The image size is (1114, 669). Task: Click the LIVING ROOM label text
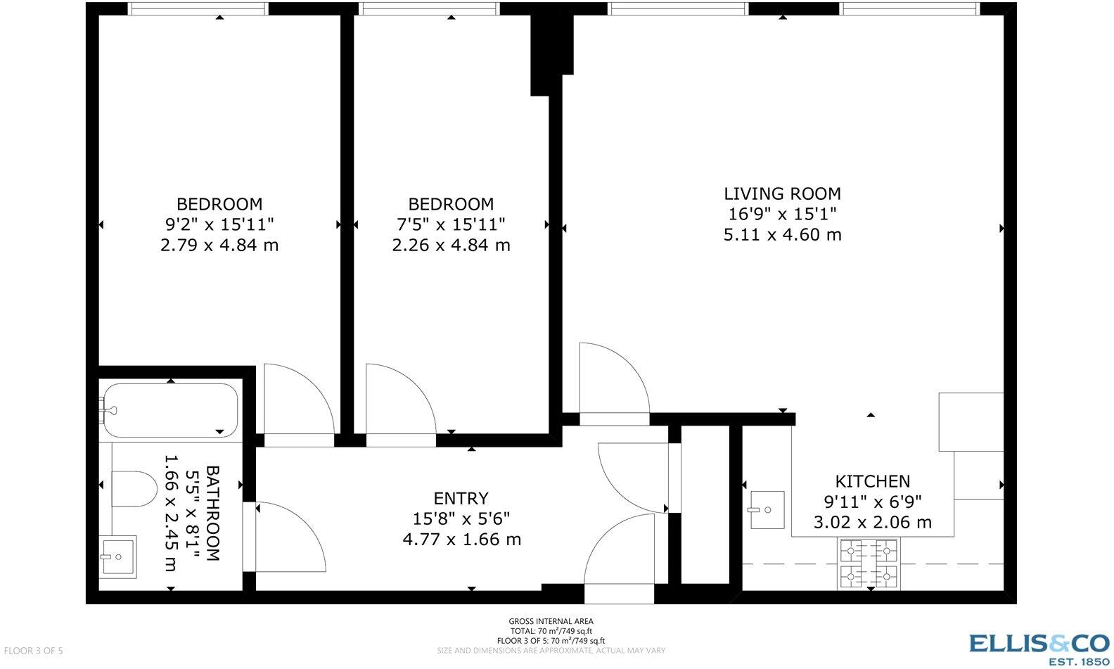782,193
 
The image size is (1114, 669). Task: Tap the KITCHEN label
872,481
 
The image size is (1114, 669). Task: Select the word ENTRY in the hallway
461,499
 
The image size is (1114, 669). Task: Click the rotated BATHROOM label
212,513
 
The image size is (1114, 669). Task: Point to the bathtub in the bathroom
169,410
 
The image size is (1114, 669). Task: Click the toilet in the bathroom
134,489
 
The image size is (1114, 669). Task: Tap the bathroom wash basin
117,556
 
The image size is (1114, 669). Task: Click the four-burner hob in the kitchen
869,563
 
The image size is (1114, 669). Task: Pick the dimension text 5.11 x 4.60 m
782,234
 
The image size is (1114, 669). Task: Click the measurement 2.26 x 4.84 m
451,246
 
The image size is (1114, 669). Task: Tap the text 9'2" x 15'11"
219,224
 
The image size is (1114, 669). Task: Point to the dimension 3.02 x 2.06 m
872,522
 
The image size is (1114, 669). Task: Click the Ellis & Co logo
1039,644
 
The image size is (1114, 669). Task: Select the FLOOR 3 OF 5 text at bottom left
33,651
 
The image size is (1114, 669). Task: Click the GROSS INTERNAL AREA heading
551,621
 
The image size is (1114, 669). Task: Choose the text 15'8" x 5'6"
461,519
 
